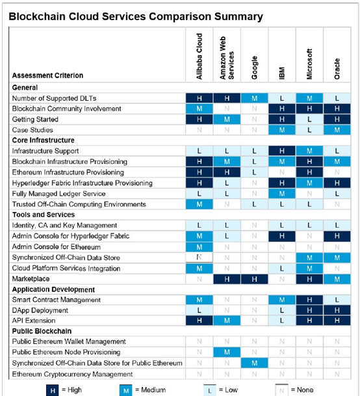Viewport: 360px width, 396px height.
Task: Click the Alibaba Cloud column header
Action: [199, 57]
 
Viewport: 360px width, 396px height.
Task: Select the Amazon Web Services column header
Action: [227, 58]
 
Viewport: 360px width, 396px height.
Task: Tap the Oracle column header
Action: [337, 69]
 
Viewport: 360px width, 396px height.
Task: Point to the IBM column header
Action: [282, 73]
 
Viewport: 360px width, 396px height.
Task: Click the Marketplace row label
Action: [31, 279]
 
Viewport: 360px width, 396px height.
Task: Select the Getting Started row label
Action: [35, 119]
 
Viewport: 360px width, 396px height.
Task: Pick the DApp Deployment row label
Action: [40, 310]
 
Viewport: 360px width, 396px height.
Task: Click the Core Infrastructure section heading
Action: [43, 140]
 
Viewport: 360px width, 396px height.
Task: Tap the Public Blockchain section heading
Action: [42, 331]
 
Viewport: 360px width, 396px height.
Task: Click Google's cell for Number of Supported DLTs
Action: [254, 98]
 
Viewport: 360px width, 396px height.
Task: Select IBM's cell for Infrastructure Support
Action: [282, 151]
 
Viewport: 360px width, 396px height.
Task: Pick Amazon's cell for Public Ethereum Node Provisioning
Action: [227, 352]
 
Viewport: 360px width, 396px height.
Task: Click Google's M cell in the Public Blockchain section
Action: [254, 363]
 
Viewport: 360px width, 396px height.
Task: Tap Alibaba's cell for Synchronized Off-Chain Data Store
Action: [199, 257]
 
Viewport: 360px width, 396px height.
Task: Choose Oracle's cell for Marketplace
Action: [337, 279]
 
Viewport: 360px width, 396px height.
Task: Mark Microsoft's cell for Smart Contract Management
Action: [309, 300]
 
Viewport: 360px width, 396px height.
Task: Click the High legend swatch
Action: [53, 390]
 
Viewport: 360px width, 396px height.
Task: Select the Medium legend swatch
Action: [126, 390]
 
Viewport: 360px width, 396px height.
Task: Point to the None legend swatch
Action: [282, 390]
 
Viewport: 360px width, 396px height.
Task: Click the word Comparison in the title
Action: [180, 17]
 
